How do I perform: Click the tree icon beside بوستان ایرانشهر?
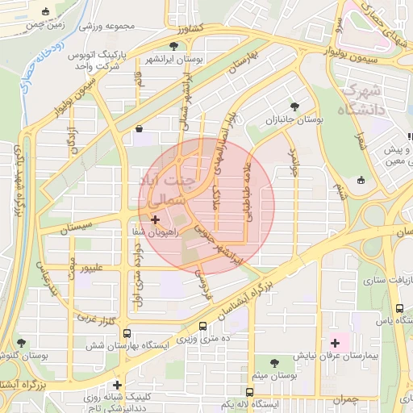click(173, 46)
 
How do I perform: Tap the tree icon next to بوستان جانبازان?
click(295, 106)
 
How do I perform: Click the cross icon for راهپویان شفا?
click(155, 219)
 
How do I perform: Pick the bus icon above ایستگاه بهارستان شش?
click(202, 327)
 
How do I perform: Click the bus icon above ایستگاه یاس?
click(400, 308)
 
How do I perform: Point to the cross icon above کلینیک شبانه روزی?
click(118, 385)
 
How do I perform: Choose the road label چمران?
click(343, 399)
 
